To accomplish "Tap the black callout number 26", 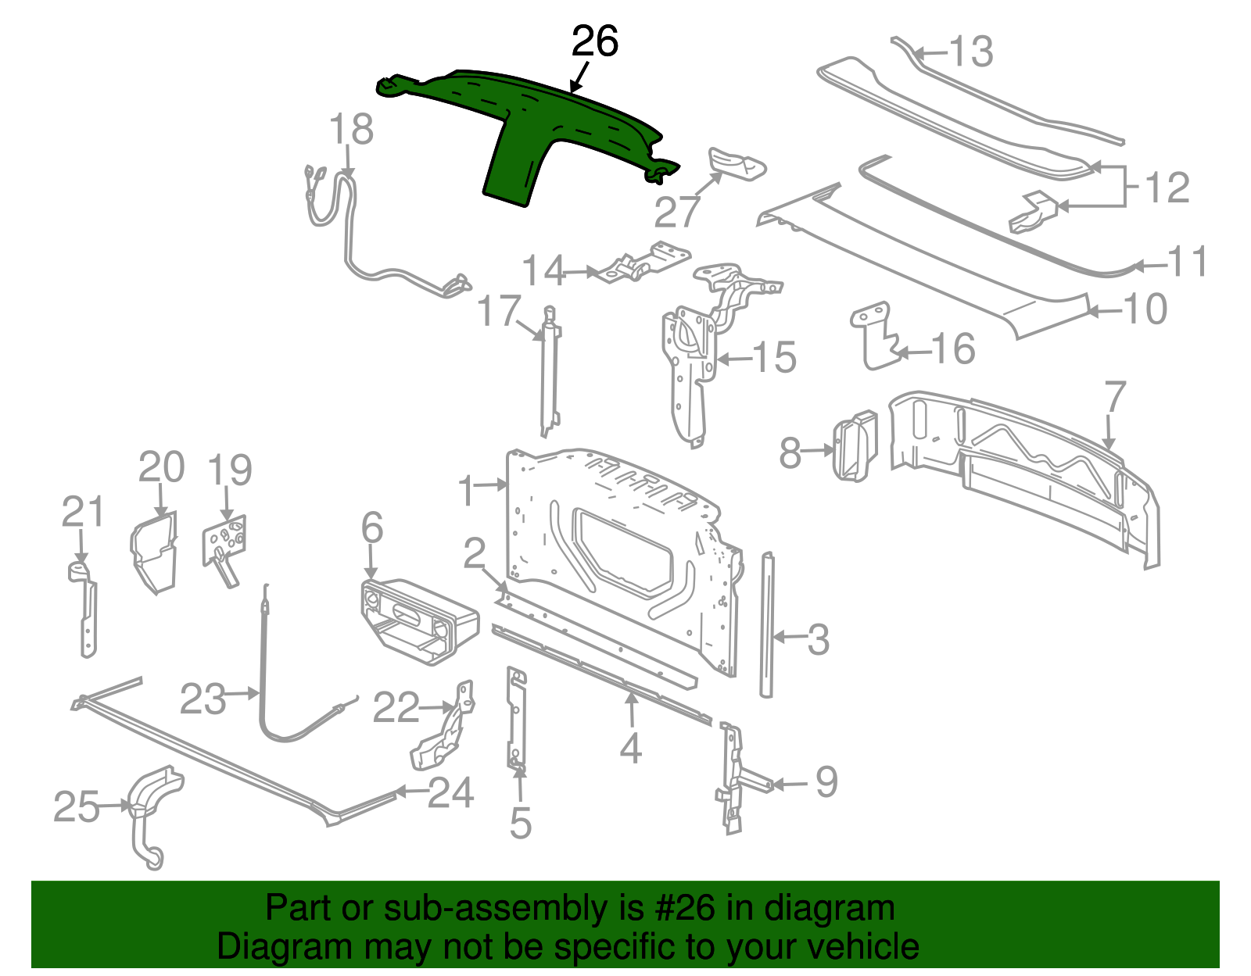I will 595,41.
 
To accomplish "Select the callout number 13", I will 970,52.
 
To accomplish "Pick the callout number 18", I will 351,130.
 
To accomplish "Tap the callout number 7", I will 1114,398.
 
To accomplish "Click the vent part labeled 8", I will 854,447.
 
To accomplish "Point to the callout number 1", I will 466,492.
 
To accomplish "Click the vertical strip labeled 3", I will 766,625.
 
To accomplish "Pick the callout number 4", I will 631,748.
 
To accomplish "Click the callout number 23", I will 203,699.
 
